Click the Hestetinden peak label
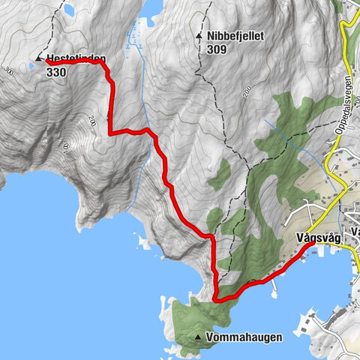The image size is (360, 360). pos(76,59)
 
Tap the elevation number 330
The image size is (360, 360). pos(56,73)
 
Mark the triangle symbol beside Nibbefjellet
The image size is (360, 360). pos(199,35)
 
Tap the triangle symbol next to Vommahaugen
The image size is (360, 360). pos(199,337)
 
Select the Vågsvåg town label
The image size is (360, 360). pos(318,237)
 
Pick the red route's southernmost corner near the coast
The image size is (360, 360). pos(217,298)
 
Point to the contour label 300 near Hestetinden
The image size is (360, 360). pos(9,71)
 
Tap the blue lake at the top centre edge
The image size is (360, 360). pos(150,7)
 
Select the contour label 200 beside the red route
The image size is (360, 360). pos(93,120)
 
